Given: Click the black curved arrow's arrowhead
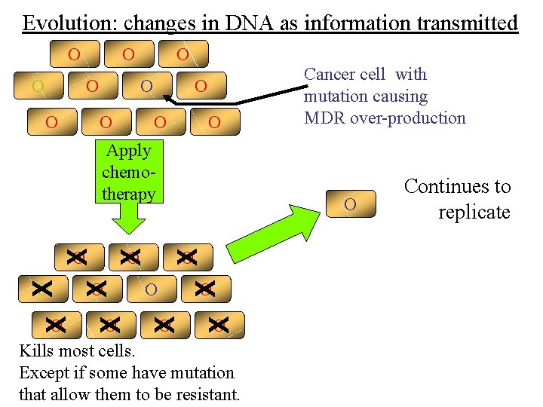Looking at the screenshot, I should pyautogui.click(x=167, y=97).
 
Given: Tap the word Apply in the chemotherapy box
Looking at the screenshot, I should pyautogui.click(x=129, y=151).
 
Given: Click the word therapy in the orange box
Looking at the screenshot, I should pyautogui.click(x=129, y=194).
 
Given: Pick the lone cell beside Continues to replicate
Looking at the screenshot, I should pyautogui.click(x=350, y=204).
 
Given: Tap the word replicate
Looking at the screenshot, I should pyautogui.click(x=474, y=212).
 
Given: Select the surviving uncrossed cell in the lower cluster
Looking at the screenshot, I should pyautogui.click(x=151, y=289).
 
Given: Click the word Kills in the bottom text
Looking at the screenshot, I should pyautogui.click(x=35, y=350).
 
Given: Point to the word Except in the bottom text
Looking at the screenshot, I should pyautogui.click(x=44, y=372).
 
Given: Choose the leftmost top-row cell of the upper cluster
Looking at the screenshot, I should pyautogui.click(x=74, y=55).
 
